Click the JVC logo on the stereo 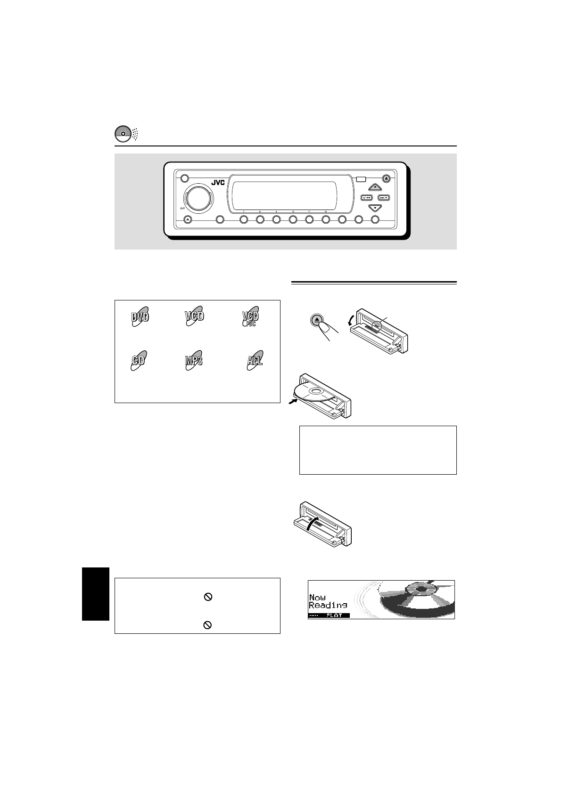pyautogui.click(x=217, y=183)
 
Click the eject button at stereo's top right pyautogui.click(x=387, y=178)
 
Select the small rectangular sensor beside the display pyautogui.click(x=362, y=179)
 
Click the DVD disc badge pyautogui.click(x=140, y=317)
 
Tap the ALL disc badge pyautogui.click(x=255, y=362)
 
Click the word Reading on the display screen pyautogui.click(x=328, y=605)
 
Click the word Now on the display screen pyautogui.click(x=317, y=598)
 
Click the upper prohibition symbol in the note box pyautogui.click(x=207, y=597)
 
